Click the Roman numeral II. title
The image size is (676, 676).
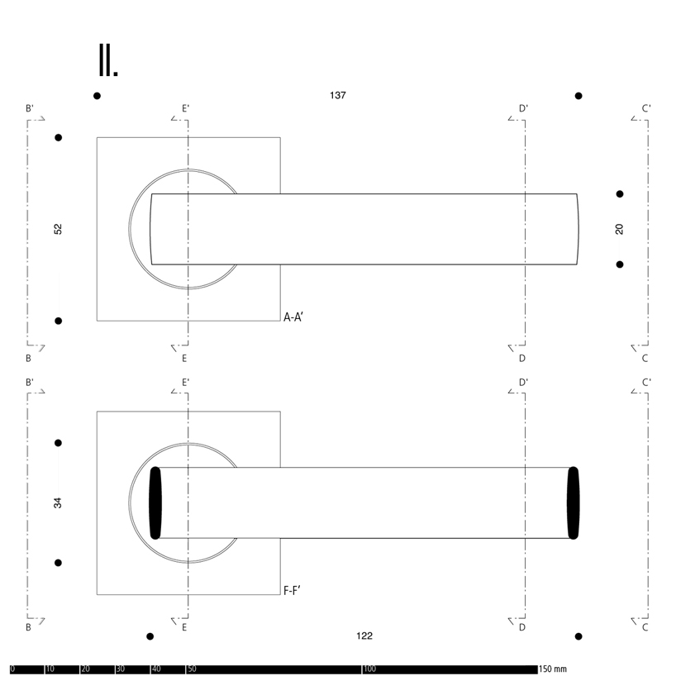tap(108, 60)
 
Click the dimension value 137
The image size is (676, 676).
tap(337, 95)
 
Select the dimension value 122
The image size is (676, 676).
tap(364, 636)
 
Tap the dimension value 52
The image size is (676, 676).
tap(58, 229)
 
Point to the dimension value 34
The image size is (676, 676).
tap(58, 502)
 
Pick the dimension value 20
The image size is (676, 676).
tap(620, 229)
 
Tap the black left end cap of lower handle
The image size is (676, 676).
tap(155, 502)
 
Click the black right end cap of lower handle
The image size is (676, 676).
tap(574, 502)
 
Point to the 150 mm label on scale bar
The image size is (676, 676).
tap(554, 669)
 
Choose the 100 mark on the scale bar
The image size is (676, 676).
tap(369, 669)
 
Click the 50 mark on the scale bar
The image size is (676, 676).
tap(192, 669)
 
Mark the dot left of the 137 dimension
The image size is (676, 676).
tap(97, 96)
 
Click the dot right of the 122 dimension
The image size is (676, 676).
tap(578, 636)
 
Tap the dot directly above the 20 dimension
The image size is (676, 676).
tap(620, 194)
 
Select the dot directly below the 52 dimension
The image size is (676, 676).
tap(58, 321)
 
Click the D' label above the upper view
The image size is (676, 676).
tap(523, 108)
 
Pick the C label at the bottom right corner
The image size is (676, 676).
tap(645, 628)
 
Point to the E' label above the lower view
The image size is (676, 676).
tap(186, 382)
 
